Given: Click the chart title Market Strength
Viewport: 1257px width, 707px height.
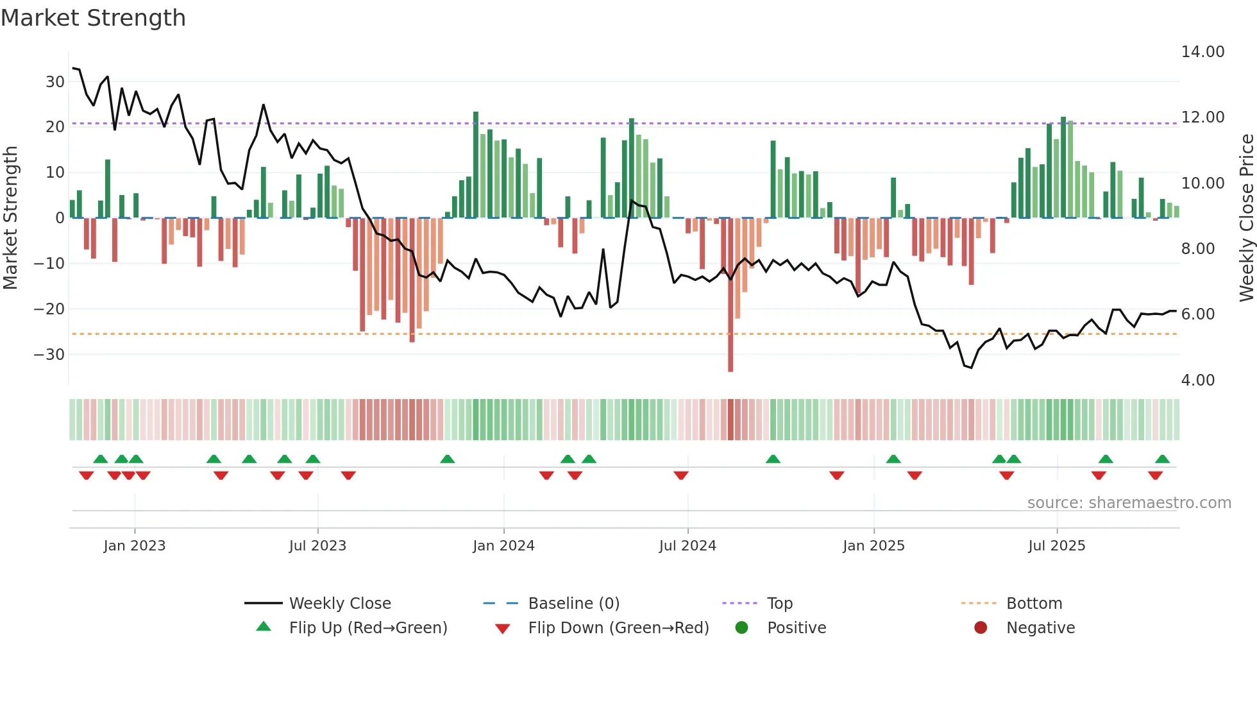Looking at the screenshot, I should pyautogui.click(x=93, y=18).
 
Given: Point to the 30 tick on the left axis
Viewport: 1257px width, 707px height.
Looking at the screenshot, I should pyautogui.click(x=55, y=82).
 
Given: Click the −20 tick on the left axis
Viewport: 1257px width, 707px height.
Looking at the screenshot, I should pyautogui.click(x=49, y=309).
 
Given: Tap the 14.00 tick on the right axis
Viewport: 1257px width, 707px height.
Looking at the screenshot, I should pyautogui.click(x=1202, y=52).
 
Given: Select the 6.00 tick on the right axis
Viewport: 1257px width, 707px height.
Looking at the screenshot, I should pyautogui.click(x=1198, y=314).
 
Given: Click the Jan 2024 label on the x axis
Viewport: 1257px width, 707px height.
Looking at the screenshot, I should pyautogui.click(x=503, y=546).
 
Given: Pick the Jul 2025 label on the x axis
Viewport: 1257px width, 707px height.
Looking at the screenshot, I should pyautogui.click(x=1056, y=546).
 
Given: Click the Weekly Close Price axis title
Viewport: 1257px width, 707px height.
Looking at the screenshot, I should pyautogui.click(x=1246, y=218).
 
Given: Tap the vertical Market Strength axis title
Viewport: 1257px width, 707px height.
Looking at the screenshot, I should pyautogui.click(x=10, y=218).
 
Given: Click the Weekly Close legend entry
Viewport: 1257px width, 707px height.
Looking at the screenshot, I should pyautogui.click(x=339, y=604).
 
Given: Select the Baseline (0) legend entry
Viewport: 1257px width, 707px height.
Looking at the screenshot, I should pyautogui.click(x=573, y=604).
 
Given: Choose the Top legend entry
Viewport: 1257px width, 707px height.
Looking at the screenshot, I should pyautogui.click(x=779, y=604).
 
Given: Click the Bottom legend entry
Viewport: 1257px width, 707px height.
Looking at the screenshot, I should pyautogui.click(x=1034, y=604).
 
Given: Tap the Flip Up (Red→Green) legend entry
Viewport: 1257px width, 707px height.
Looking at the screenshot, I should pyautogui.click(x=367, y=628).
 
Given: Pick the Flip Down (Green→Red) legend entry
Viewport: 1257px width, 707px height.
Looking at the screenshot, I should pyautogui.click(x=618, y=628).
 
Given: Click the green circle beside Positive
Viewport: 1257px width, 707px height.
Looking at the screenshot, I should pyautogui.click(x=741, y=628).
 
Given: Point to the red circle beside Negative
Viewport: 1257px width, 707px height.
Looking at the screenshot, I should pyautogui.click(x=981, y=628).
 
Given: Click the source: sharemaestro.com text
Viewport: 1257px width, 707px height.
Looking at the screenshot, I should pyautogui.click(x=1129, y=503).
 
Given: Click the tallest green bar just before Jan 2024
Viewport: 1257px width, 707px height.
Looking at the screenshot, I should pyautogui.click(x=476, y=165).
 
